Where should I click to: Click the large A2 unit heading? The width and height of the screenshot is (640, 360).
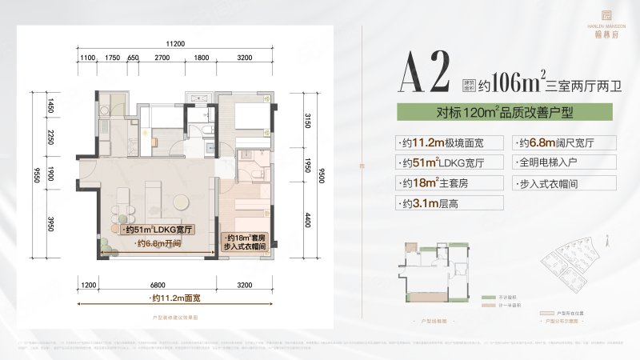point(425,76)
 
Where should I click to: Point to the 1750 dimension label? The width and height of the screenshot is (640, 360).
point(112,59)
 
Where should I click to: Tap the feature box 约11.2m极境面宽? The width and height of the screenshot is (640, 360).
point(446,143)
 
